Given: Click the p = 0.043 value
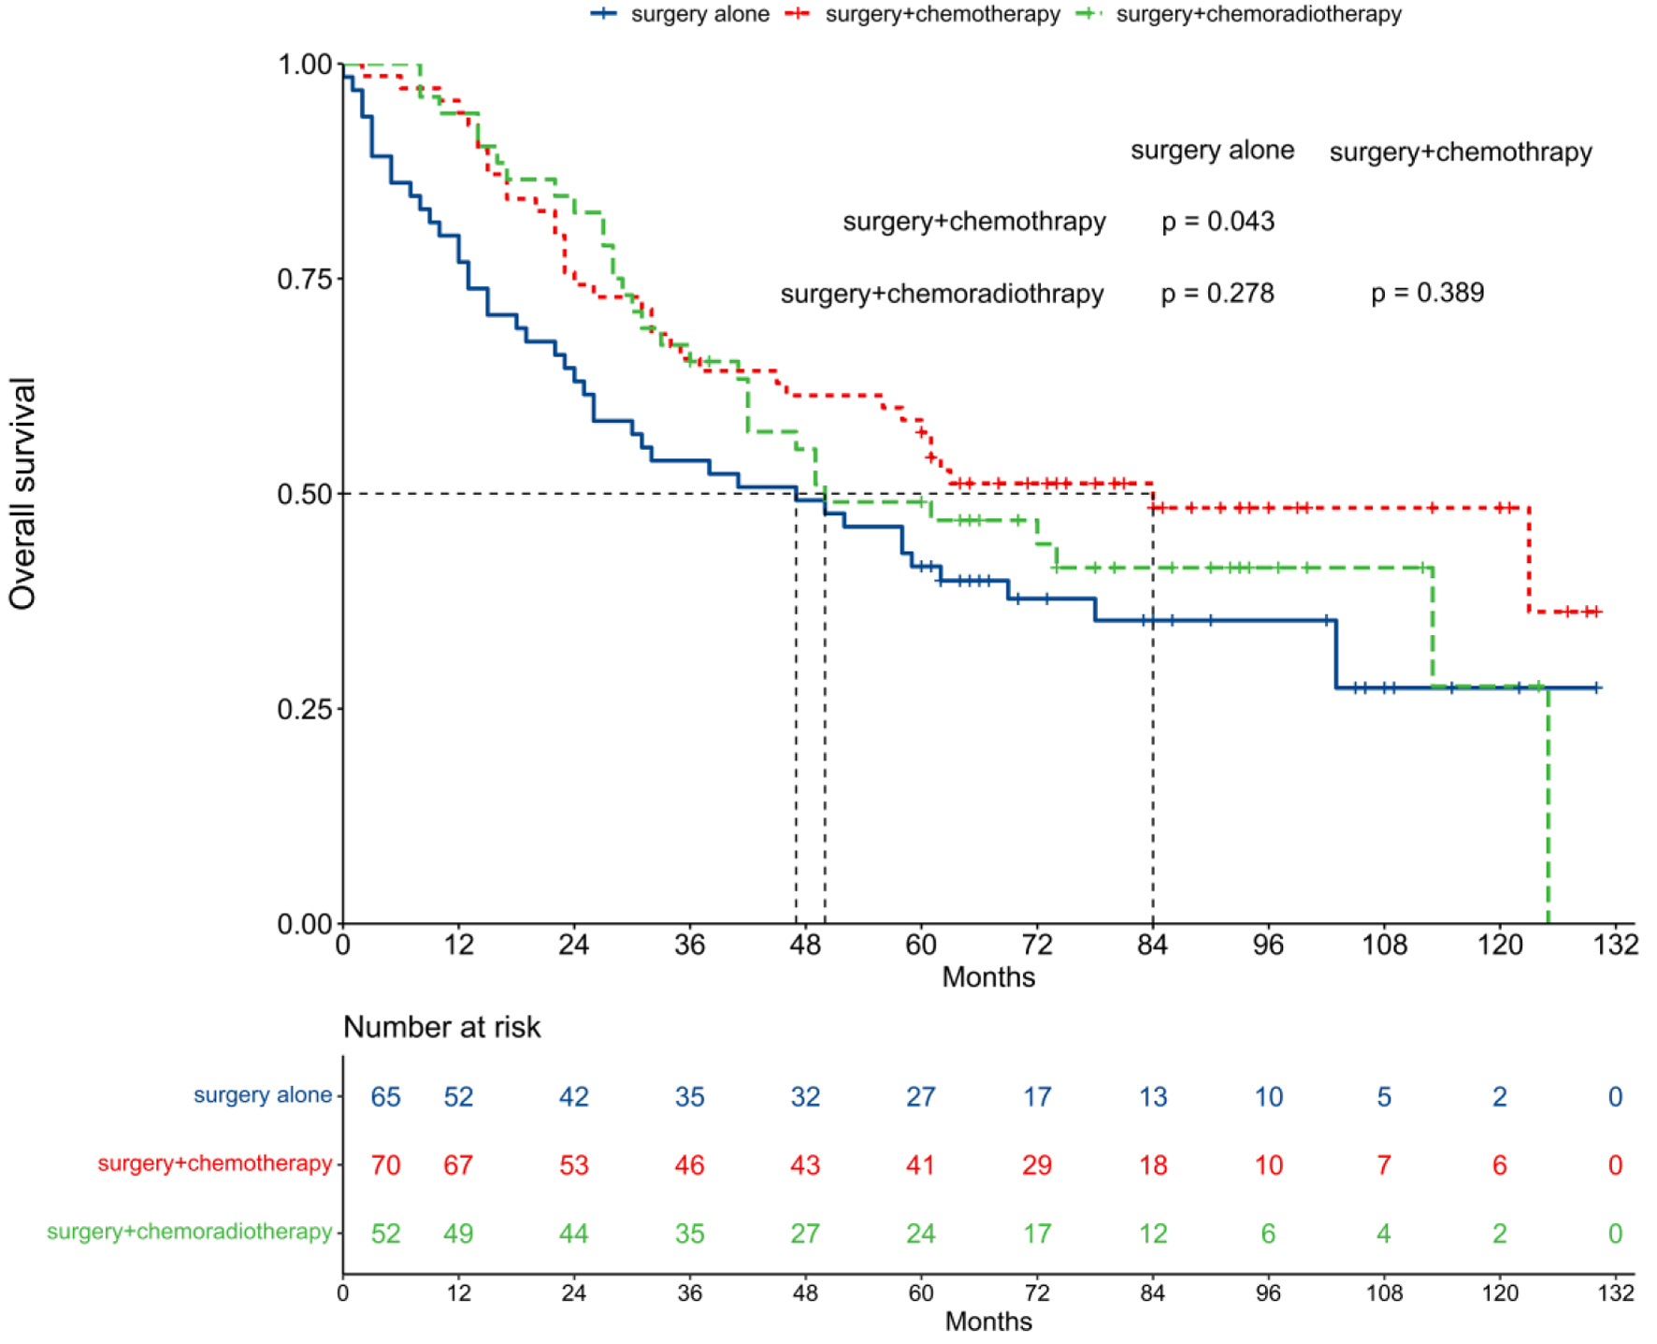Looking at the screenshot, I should (1218, 222).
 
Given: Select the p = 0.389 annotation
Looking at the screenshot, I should (1427, 293).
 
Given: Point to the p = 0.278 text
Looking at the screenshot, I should (1218, 294).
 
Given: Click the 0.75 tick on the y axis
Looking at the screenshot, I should (305, 279).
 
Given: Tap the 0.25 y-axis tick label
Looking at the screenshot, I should (305, 709).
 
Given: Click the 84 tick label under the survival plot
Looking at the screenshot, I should (1152, 945).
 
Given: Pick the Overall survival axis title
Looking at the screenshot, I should (22, 493).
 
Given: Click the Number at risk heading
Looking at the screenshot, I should (441, 1027).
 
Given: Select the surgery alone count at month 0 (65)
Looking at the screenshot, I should (385, 1096).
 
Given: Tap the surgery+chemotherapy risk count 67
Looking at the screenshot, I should (458, 1165).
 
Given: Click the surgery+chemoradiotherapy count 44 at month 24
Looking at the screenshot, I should (573, 1234).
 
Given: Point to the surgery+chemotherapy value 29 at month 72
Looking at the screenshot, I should (1036, 1165).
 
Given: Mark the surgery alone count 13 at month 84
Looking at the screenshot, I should (1152, 1096).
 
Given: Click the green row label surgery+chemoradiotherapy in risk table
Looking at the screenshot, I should (190, 1232).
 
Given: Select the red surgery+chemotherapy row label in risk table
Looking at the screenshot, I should (215, 1163).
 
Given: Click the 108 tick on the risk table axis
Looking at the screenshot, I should (1384, 1293).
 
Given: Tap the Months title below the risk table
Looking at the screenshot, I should (988, 1322).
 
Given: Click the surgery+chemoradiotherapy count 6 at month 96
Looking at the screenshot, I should (1268, 1234).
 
